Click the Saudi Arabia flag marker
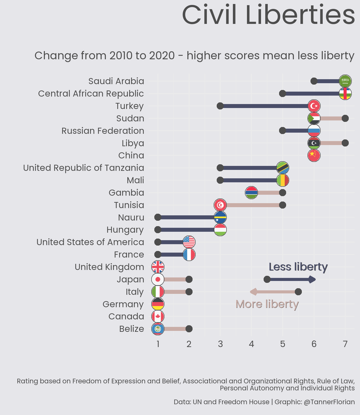[x=345, y=81]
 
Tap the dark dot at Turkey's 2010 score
[x=220, y=106]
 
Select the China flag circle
[x=314, y=156]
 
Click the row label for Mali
[x=135, y=180]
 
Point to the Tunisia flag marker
[x=220, y=205]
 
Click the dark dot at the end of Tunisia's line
[x=282, y=205]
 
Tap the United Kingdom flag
[x=158, y=267]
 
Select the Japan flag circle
[x=158, y=279]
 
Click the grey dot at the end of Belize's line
[x=189, y=329]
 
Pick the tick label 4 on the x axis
[x=251, y=344]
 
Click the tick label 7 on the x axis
[x=345, y=344]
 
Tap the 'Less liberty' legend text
[x=298, y=267]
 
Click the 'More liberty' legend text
[x=267, y=304]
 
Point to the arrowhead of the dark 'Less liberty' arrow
[x=313, y=279]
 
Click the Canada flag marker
[x=158, y=316]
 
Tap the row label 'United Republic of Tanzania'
[x=83, y=168]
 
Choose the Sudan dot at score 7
[x=345, y=118]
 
